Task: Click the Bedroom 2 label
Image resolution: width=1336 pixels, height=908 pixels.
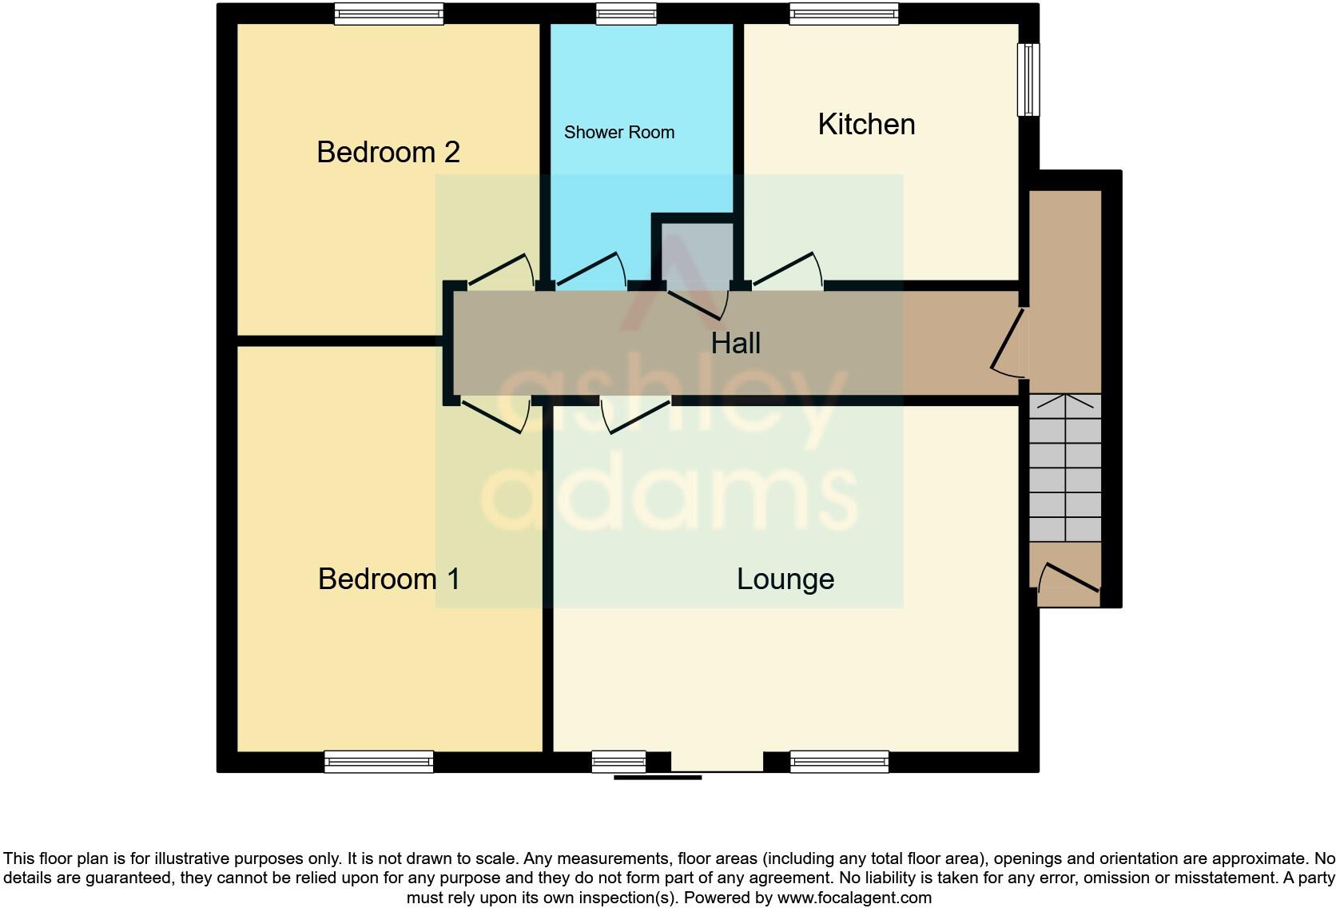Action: tap(388, 152)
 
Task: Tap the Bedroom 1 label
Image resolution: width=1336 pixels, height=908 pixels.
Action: tap(389, 579)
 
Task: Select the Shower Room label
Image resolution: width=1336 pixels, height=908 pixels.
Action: tap(619, 133)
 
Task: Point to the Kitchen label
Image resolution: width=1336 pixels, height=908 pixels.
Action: tap(866, 125)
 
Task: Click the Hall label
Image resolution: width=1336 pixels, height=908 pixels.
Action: tap(735, 344)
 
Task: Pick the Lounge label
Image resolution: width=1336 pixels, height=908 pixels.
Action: tap(785, 579)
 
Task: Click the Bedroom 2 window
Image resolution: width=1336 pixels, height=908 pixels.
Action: tap(388, 14)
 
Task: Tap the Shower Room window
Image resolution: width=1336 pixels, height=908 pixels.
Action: tap(626, 14)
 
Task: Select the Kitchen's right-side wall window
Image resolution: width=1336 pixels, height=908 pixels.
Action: tap(1028, 79)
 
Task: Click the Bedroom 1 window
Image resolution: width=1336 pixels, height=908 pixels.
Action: tap(379, 762)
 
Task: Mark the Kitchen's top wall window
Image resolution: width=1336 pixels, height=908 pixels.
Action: tap(844, 14)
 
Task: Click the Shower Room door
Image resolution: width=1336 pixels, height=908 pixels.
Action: tap(591, 272)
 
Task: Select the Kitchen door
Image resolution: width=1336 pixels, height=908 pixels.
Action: tap(788, 272)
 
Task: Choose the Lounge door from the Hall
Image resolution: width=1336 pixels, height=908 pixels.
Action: tap(636, 415)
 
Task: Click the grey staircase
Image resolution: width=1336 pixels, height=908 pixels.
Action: tap(1065, 468)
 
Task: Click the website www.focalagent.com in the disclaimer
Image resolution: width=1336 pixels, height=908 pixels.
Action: tap(854, 898)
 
